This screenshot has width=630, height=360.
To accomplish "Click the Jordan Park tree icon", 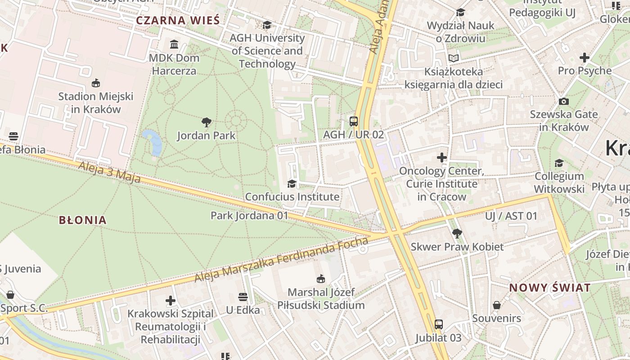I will click(207, 122).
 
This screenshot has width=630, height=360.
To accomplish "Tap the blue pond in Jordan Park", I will click(153, 141).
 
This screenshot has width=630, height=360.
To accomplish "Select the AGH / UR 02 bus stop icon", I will click(354, 121).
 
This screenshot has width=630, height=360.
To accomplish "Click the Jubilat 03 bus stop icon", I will click(438, 324).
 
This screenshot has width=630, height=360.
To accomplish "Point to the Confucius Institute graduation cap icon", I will click(292, 184).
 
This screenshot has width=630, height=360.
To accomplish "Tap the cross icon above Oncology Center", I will click(442, 157).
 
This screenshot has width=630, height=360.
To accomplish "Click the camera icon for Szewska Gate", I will click(563, 101).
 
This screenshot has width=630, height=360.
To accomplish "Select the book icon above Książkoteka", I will click(453, 58).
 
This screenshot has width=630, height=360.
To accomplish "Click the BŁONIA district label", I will click(83, 220).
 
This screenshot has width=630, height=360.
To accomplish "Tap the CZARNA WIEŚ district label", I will click(178, 20).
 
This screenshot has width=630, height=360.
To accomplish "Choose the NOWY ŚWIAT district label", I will click(549, 288).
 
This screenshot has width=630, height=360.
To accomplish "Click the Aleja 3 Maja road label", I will click(109, 172).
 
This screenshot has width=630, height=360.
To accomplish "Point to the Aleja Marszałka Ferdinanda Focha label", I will click(281, 260).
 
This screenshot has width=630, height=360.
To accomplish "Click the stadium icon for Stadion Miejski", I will click(95, 83).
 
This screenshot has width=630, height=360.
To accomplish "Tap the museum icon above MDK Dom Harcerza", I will click(174, 44).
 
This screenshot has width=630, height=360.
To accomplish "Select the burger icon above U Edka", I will click(243, 297).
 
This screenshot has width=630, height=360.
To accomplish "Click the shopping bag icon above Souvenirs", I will click(496, 305).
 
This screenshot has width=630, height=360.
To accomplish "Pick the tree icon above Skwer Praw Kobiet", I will click(457, 233).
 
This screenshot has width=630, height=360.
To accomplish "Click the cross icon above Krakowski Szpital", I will click(170, 300).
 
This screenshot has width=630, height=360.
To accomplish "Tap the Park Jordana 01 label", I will click(249, 216).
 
